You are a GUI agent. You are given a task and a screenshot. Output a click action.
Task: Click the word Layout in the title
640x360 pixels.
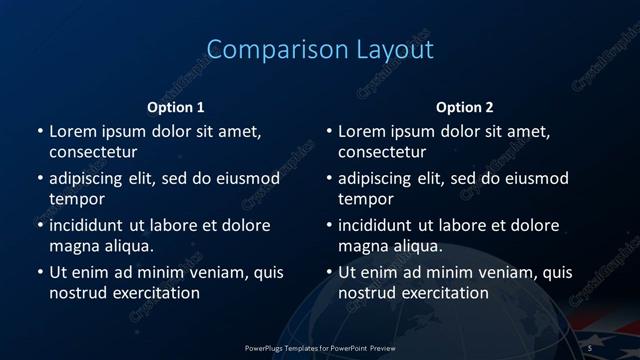pyautogui.click(x=394, y=50)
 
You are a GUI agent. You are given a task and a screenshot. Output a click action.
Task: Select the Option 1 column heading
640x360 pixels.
pyautogui.click(x=176, y=107)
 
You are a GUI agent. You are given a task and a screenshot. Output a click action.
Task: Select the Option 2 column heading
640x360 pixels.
pyautogui.click(x=465, y=107)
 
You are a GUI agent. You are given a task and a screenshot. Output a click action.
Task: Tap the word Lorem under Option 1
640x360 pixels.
pyautogui.click(x=72, y=131)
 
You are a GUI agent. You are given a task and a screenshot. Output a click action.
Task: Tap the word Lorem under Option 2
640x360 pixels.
pyautogui.click(x=361, y=131)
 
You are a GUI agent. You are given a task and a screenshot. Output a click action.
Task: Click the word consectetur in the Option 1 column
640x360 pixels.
pyautogui.click(x=93, y=153)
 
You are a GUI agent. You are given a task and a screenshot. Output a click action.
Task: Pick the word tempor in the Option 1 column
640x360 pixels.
pyautogui.click(x=77, y=200)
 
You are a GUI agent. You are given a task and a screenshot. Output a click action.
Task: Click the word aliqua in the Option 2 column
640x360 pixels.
pyautogui.click(x=416, y=246)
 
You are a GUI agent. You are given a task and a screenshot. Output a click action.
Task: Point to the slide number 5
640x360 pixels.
pyautogui.click(x=590, y=347)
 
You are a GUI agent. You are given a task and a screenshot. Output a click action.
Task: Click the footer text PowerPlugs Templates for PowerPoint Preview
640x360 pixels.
pyautogui.click(x=320, y=347)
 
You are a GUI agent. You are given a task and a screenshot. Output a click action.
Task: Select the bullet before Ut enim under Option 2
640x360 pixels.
pyautogui.click(x=328, y=272)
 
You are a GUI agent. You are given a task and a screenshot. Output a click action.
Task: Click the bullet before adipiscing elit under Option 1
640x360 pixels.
pyautogui.click(x=39, y=179)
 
